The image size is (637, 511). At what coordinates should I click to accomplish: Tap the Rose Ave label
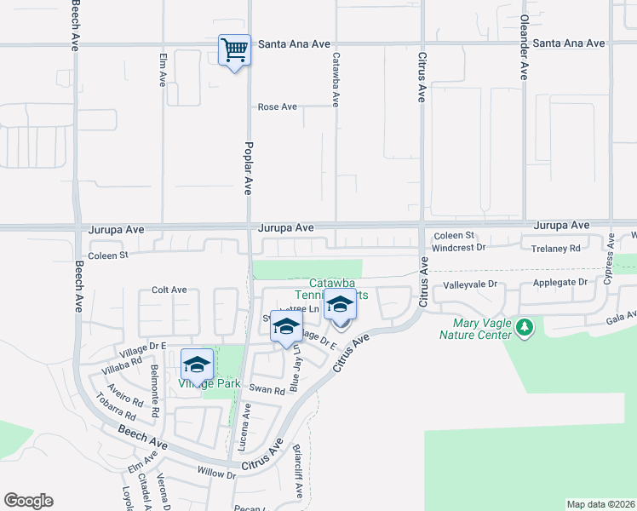pos(278,107)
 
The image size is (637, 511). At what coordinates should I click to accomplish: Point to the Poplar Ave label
pos(250,169)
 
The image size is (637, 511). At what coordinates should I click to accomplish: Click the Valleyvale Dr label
pos(468,285)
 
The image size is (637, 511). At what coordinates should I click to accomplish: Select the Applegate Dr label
pos(560,282)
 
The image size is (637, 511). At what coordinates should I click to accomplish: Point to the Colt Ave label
pos(169,290)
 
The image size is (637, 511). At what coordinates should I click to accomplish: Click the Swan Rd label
pos(267,389)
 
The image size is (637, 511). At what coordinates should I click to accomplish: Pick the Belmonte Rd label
pos(154,391)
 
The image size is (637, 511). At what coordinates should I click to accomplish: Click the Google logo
pos(29,501)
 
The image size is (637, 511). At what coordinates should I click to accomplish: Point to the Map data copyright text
pos(600,504)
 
